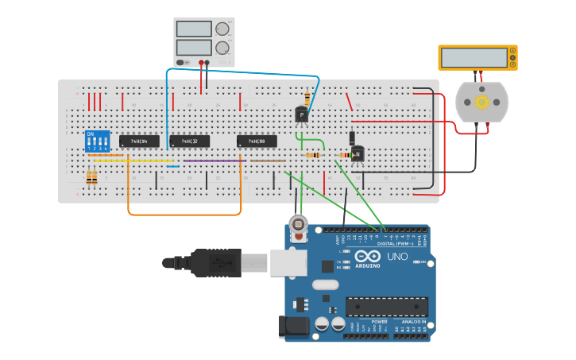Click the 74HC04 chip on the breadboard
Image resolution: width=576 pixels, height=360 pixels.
coord(139,141)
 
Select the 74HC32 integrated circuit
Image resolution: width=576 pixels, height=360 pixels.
coord(189,141)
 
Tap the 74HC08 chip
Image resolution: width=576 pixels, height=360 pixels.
coord(257,141)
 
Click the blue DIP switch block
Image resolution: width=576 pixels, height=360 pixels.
coord(97,141)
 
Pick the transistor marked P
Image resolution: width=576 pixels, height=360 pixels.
coord(302,115)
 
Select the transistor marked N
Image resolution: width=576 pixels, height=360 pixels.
coord(358,153)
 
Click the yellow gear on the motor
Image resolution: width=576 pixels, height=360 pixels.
coord(481,102)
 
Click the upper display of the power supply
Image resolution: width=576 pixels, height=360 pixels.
coord(194,29)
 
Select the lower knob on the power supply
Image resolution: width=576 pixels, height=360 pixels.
coord(222,48)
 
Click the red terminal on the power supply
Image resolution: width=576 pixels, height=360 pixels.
coord(201,62)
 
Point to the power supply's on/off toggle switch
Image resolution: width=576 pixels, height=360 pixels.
coord(183,62)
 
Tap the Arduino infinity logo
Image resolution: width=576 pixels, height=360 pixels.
coord(368,257)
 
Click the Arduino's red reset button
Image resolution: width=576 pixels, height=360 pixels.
coord(299,226)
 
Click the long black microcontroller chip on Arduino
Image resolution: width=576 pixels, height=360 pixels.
coord(387,306)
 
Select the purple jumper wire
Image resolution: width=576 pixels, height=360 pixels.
coord(215,161)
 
